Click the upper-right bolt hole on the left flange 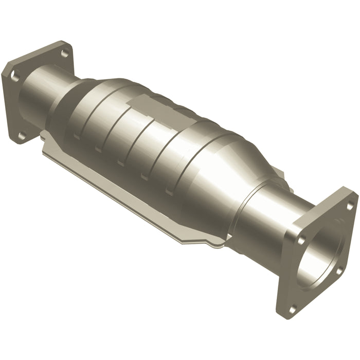pyautogui.click(x=64, y=53)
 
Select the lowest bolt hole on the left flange pyautogui.click(x=22, y=135)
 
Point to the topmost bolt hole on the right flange pyautogui.click(x=350, y=205)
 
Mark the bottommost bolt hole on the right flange pyautogui.click(x=293, y=309)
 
